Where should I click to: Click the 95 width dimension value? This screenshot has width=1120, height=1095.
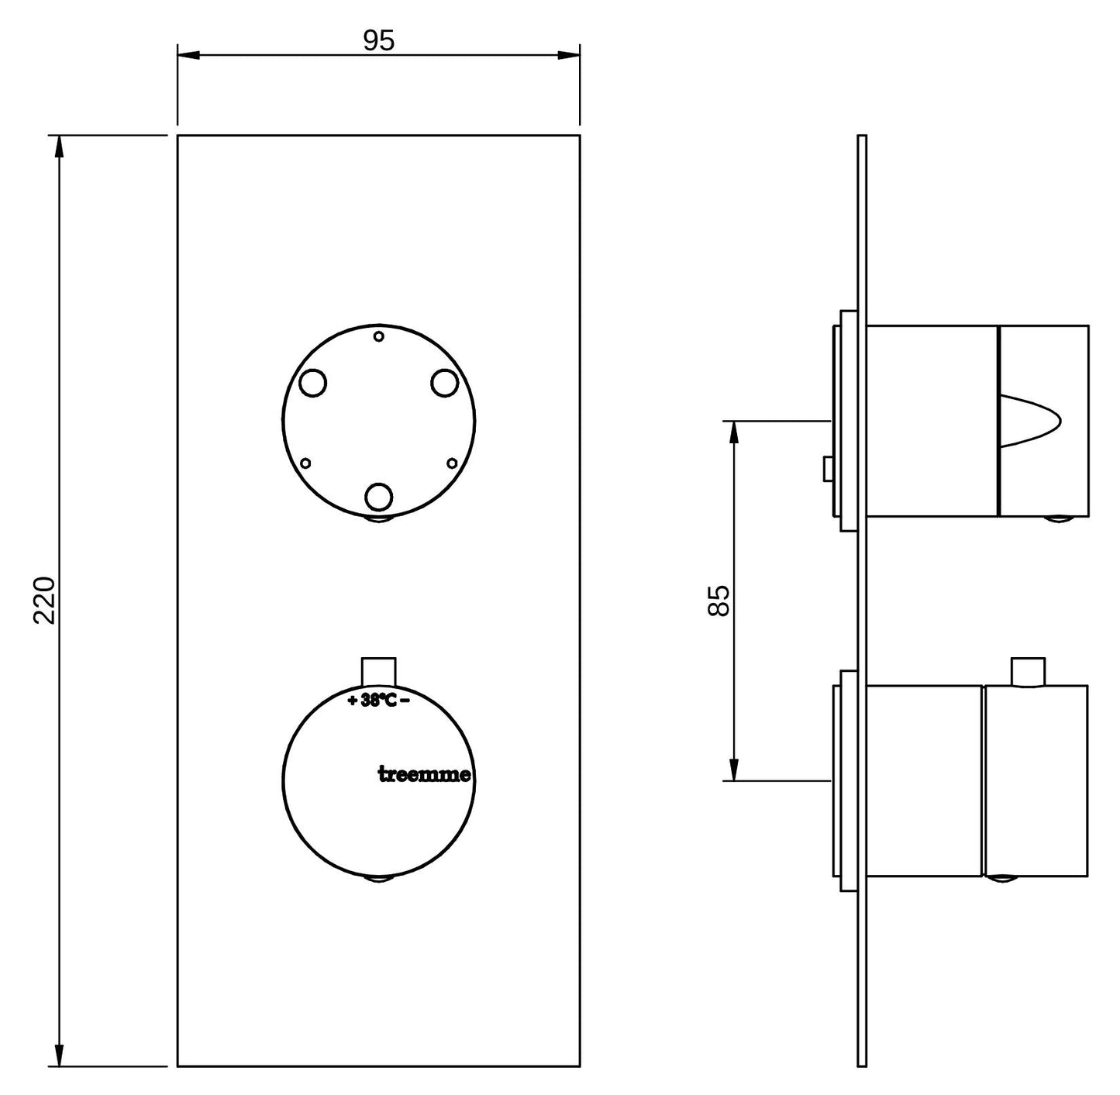pos(379,40)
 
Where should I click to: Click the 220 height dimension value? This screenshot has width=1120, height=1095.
pos(44,601)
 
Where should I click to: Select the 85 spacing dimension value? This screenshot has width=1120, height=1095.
pos(719,601)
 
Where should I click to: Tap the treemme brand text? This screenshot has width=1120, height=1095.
pos(424,774)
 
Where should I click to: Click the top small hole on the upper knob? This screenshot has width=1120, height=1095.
pos(379,336)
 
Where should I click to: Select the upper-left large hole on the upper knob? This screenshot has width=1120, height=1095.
pos(313,383)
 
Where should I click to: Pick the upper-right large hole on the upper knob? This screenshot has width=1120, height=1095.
pos(445,383)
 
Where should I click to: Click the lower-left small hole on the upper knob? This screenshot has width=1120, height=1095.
pos(305,463)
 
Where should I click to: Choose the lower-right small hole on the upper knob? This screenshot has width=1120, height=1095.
pos(453,463)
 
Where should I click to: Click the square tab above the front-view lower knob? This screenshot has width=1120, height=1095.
pos(379,670)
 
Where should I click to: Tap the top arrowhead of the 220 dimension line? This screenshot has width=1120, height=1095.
pos(59,147)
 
